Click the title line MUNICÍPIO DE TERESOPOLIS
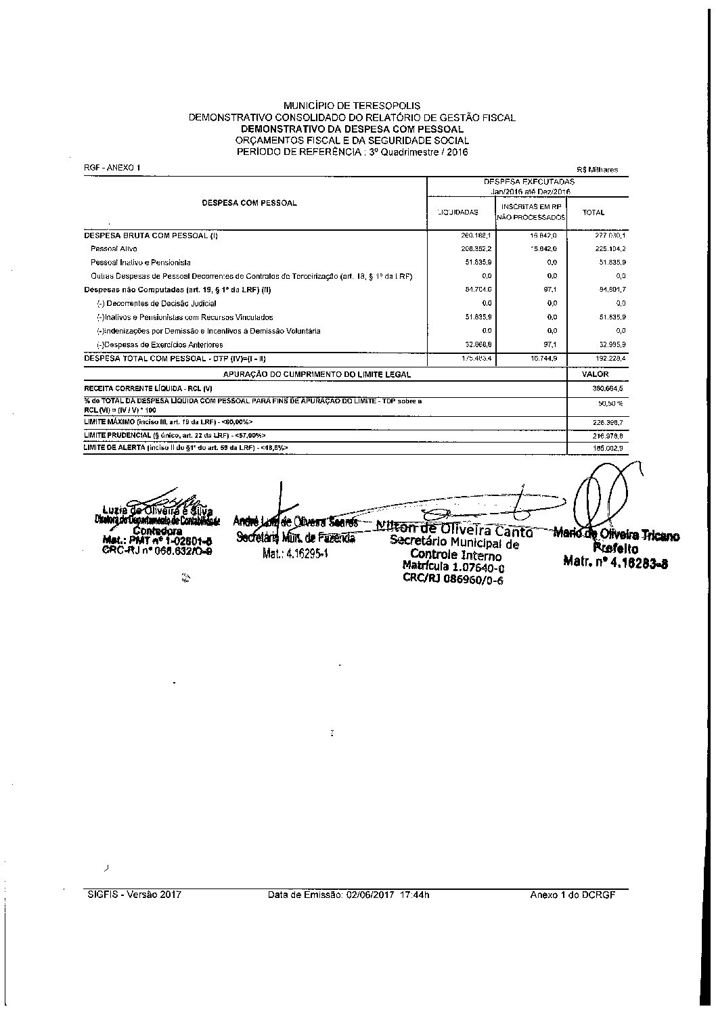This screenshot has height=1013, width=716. tap(351, 106)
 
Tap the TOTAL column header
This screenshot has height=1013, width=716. tap(594, 212)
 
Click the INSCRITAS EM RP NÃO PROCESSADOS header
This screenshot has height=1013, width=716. tap(531, 212)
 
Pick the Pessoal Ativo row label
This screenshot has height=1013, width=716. tap(114, 249)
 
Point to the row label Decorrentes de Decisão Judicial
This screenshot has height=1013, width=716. tap(156, 304)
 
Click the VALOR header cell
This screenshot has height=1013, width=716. tap(596, 374)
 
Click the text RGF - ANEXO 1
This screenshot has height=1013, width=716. tap(112, 167)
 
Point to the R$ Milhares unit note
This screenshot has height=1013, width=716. tap(597, 170)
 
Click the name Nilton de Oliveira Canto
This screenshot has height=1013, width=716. tap(455, 531)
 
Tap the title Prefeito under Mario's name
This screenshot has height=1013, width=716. tap(615, 548)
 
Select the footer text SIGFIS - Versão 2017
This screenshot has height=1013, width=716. tap(135, 894)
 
